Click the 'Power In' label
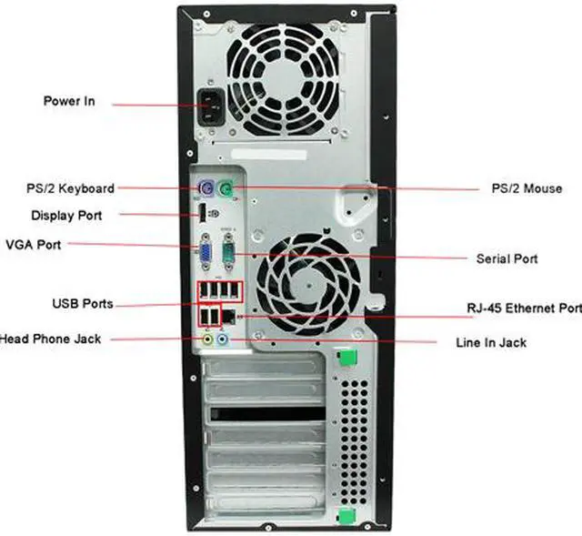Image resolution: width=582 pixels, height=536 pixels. click(68, 101)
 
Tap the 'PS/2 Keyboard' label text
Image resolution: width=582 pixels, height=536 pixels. click(70, 188)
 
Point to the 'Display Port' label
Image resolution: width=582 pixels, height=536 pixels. click(66, 216)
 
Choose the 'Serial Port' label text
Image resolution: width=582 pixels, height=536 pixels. click(507, 258)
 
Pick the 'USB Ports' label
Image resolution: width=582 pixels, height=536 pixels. click(82, 303)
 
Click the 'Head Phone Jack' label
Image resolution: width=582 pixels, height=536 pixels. click(50, 339)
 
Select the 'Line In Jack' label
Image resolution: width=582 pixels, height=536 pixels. click(490, 342)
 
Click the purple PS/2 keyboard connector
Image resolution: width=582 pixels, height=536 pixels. click(206, 189)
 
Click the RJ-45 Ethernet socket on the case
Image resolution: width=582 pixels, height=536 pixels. click(231, 315)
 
